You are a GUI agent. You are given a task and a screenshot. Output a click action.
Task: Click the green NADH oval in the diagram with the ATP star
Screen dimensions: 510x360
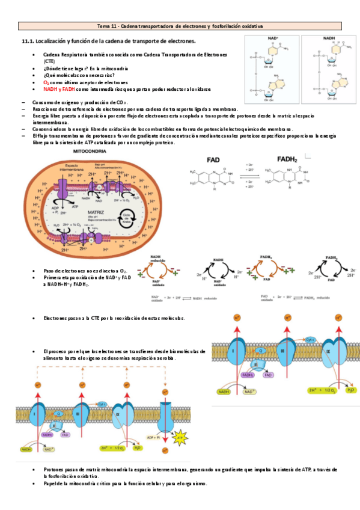point(26,449)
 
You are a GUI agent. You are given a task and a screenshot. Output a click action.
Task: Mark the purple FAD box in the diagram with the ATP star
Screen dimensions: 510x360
point(65,434)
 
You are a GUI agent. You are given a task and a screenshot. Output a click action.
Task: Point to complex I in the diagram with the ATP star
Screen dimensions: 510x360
point(35,415)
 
